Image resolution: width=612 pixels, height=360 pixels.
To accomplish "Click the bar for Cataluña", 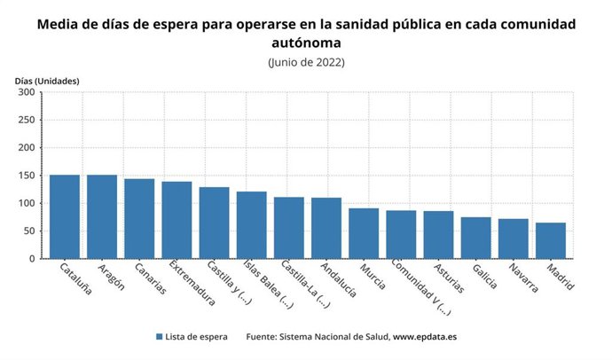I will [65, 216].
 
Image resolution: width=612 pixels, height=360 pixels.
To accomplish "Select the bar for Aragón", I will [102, 216].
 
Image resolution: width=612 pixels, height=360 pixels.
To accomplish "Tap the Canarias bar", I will [139, 218].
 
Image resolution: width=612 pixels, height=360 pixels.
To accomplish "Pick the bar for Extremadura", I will [177, 220].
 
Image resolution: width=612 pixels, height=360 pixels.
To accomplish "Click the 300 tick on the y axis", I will [26, 92].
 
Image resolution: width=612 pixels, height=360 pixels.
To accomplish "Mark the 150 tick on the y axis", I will [26, 176].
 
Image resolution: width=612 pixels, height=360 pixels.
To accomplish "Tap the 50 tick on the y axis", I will [28, 231].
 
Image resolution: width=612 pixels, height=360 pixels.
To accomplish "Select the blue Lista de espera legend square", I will [159, 337].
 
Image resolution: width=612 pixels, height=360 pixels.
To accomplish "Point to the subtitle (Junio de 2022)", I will [306, 62].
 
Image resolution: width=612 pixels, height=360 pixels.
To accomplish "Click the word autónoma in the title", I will [306, 42].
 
